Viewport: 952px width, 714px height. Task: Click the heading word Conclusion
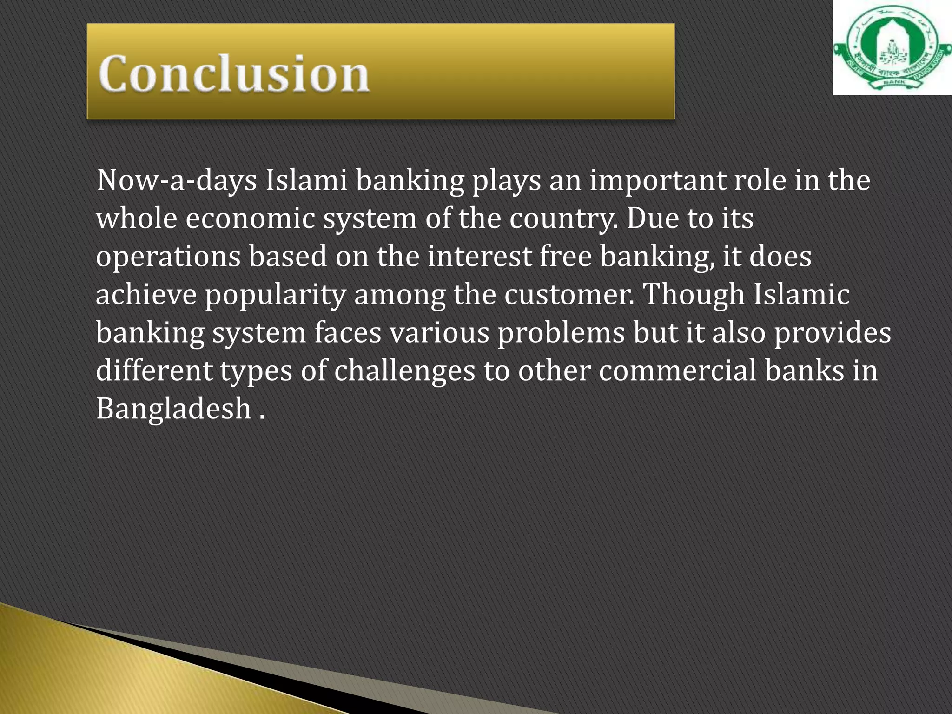(234, 73)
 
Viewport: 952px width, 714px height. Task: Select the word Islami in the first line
(306, 180)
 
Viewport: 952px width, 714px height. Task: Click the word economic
(251, 218)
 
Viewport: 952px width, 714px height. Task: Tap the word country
(563, 218)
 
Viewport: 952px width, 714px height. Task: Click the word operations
(168, 257)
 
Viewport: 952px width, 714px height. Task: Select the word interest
(479, 257)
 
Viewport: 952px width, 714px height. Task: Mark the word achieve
(146, 295)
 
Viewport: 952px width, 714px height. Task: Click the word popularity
(276, 296)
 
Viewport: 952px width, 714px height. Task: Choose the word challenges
(404, 371)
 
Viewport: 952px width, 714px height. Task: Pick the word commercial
(677, 371)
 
